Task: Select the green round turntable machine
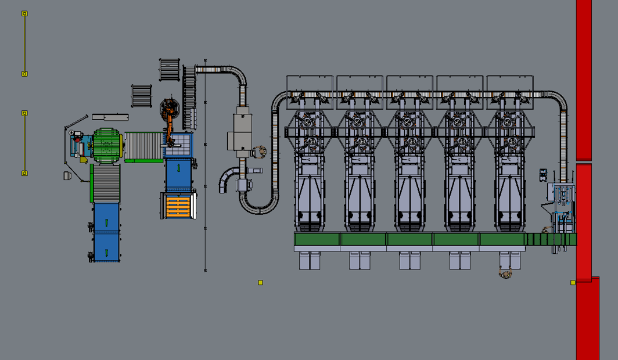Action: pos(106,145)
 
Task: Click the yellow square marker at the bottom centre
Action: pos(261,283)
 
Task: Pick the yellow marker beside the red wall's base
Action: pos(573,283)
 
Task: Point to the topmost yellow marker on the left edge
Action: pos(24,13)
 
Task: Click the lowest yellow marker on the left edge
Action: pos(24,173)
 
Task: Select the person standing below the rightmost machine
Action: pos(505,271)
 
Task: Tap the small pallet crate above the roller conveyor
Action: pos(141,96)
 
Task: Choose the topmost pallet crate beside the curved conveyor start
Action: pos(169,70)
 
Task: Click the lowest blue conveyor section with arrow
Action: pos(106,247)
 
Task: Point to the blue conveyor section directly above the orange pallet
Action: pos(178,172)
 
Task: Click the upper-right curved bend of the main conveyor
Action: pos(559,99)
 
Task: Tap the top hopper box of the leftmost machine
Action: pos(310,85)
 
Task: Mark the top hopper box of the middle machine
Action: pos(409,85)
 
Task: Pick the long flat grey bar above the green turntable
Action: pos(110,117)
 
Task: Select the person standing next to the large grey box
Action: pos(260,152)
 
